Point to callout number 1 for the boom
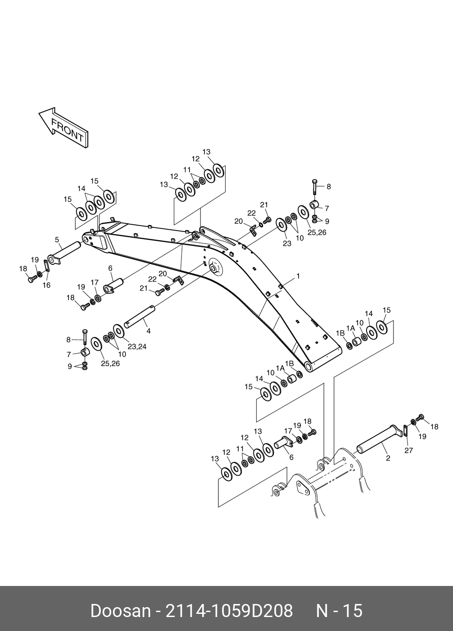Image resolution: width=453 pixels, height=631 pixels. click(x=298, y=276)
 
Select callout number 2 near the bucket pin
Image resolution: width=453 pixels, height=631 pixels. click(x=388, y=458)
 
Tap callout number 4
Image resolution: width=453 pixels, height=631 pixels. click(x=148, y=331)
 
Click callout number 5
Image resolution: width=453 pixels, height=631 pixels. click(x=57, y=239)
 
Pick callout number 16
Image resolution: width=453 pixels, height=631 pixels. click(x=46, y=285)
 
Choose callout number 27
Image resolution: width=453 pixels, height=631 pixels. click(x=408, y=450)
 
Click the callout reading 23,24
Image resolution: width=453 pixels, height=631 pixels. click(x=137, y=346)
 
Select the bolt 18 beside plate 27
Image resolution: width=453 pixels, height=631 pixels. click(x=421, y=417)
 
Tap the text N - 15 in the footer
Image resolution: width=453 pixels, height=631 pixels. click(x=339, y=611)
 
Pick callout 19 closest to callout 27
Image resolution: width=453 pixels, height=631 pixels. click(x=422, y=436)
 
